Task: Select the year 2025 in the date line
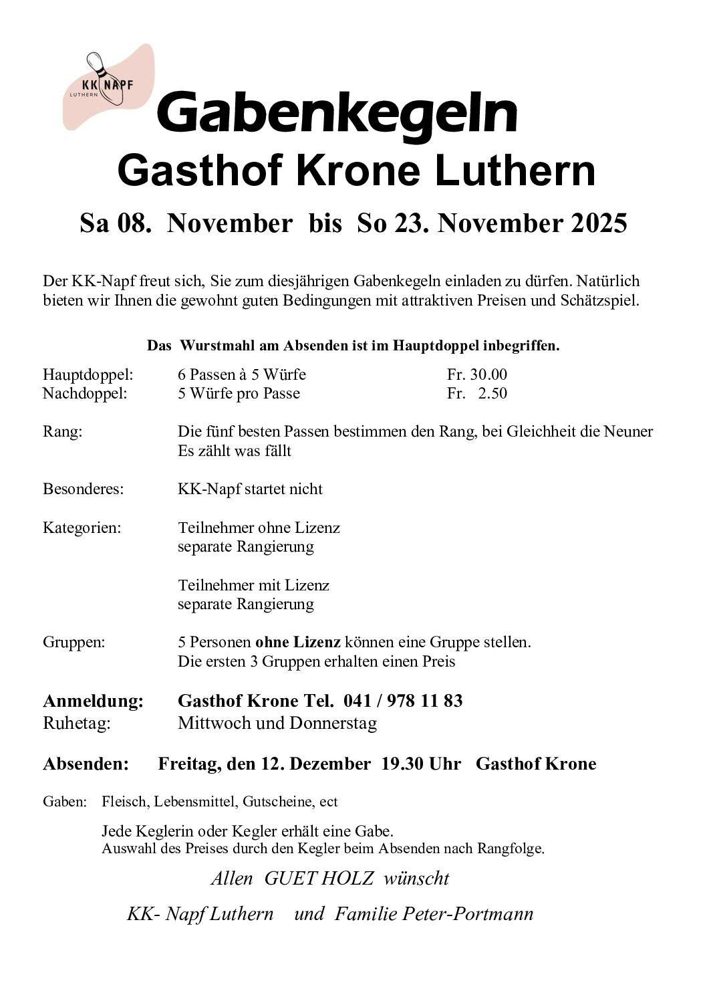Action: click(x=599, y=223)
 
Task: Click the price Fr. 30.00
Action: click(x=477, y=374)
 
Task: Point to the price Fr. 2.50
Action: click(x=477, y=393)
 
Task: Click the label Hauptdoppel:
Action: click(x=88, y=374)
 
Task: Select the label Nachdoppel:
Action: click(x=85, y=393)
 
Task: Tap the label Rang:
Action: click(x=62, y=432)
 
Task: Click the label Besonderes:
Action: click(x=84, y=489)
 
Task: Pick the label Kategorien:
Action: click(x=82, y=528)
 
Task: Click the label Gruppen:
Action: click(x=74, y=643)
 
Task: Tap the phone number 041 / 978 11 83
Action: click(x=403, y=701)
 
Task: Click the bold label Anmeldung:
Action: click(x=93, y=701)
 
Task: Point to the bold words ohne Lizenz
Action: click(x=298, y=643)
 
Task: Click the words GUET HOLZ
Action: click(x=319, y=879)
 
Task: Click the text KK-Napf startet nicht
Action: click(x=250, y=489)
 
